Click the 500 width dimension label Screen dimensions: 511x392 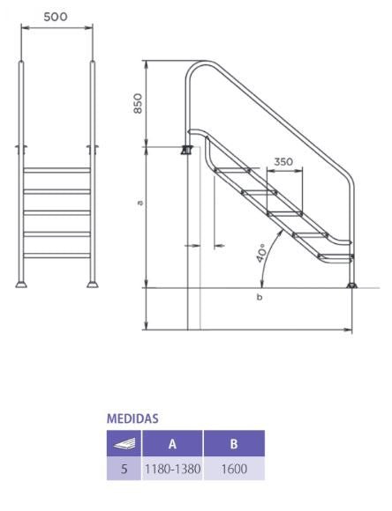[55, 17]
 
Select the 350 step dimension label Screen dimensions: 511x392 [283, 162]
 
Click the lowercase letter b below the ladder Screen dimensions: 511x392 [259, 297]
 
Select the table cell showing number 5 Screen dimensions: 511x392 [124, 470]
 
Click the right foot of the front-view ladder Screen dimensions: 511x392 [91, 284]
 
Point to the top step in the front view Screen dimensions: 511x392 [56, 170]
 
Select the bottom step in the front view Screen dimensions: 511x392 [56, 255]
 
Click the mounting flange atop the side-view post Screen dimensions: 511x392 [186, 151]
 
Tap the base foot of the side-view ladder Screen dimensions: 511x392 [351, 283]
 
